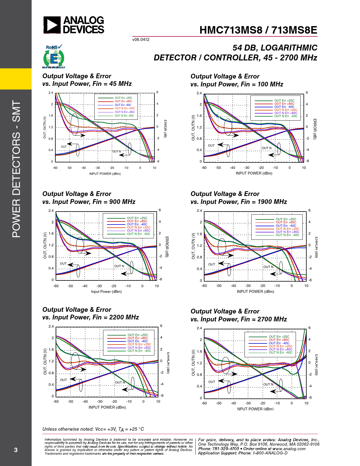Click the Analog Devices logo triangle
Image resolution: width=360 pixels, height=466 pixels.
point(52,25)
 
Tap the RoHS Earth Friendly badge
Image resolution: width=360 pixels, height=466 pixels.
point(54,57)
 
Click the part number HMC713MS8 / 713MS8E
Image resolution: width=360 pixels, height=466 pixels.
point(258,30)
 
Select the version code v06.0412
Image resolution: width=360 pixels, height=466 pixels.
point(141,40)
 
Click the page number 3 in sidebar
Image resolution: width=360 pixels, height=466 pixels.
point(16,450)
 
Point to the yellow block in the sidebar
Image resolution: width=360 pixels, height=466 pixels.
point(16,79)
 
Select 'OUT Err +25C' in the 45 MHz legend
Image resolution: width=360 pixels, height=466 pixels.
point(123,98)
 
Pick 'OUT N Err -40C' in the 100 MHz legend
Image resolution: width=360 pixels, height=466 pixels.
point(286,116)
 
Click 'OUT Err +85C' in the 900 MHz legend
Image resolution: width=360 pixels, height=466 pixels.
point(137,221)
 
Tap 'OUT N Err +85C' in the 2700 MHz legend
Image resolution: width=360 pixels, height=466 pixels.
point(280,349)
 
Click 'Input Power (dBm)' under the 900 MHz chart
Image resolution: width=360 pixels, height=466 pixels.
point(106,291)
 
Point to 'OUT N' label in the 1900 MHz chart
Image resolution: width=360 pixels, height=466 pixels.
point(268,267)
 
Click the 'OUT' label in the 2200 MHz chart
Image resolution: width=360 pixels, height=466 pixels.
point(64,380)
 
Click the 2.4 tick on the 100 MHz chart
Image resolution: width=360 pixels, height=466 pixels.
point(199,93)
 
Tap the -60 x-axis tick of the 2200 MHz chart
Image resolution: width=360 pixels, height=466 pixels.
point(56,401)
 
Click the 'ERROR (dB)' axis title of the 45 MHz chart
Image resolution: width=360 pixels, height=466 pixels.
point(165,129)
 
